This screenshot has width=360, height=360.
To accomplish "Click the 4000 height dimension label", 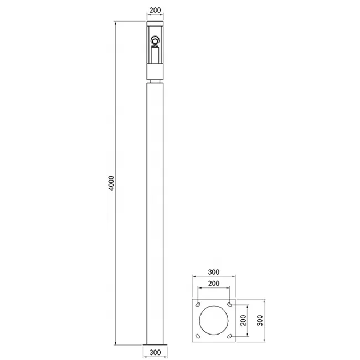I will point(111,183).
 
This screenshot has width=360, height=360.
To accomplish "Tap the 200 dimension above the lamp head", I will point(155,11).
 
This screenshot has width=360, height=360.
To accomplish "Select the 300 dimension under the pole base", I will point(155,352).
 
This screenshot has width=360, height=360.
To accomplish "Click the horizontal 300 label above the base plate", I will point(214,272).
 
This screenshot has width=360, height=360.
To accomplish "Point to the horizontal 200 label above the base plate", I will point(214,284).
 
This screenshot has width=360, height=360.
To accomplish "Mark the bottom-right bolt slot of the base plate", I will point(229,337).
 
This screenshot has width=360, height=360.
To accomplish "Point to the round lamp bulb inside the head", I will point(155,40).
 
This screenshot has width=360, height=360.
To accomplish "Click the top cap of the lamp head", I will point(155,24).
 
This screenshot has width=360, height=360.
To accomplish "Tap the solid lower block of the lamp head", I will point(155,72).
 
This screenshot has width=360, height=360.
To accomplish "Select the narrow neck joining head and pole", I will point(155,81).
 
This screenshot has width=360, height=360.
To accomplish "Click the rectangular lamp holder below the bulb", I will point(155,54).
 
